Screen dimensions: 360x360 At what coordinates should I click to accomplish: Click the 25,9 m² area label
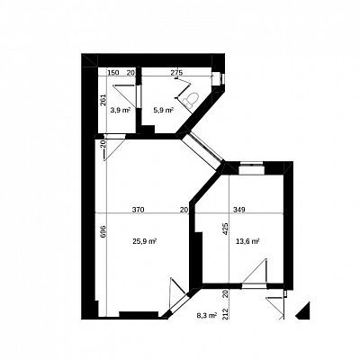tap(145, 241)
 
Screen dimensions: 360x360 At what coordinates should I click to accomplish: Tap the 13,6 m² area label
tap(247, 241)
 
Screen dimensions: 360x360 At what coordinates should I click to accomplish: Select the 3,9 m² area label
tap(121, 110)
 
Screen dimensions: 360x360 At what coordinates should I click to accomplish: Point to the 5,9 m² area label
tap(164, 110)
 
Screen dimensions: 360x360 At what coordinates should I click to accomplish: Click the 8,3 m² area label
tap(207, 315)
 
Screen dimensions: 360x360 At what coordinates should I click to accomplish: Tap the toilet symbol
tap(192, 99)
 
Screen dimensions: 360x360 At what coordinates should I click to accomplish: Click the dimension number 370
tap(139, 210)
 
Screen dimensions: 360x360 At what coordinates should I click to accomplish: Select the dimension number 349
tap(239, 210)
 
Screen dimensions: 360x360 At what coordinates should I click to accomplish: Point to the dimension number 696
tap(102, 231)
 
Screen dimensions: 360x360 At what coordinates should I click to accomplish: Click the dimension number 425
tap(226, 229)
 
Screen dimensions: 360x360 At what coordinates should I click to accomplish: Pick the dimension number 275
tap(176, 72)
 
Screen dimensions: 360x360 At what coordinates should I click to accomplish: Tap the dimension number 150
tap(113, 72)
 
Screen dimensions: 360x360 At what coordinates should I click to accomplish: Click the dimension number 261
tap(103, 100)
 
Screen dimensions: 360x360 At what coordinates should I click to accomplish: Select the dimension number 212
tap(226, 313)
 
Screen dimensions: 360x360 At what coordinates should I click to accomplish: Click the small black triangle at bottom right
tap(304, 312)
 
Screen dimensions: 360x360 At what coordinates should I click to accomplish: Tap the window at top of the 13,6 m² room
tap(251, 167)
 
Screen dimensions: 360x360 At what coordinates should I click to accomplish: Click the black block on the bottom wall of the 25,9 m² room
tap(139, 314)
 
